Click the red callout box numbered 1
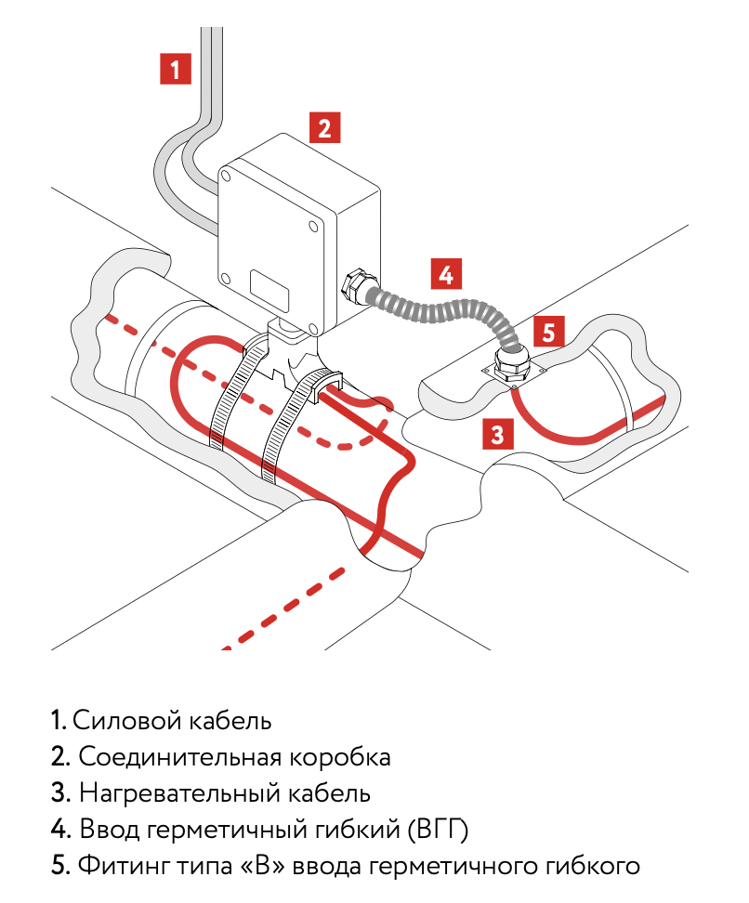tap(176, 69)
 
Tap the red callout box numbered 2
tap(323, 126)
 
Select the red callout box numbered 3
tap(498, 433)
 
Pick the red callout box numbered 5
tap(549, 332)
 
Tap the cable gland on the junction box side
tap(354, 284)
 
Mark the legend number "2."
tap(60, 757)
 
